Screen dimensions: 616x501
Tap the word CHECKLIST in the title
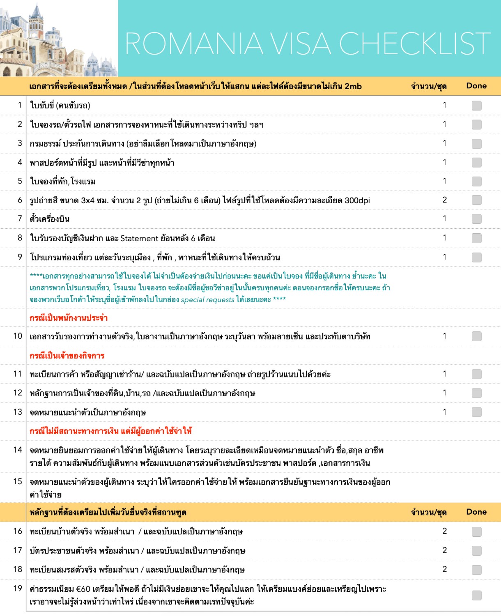pyautogui.click(x=415, y=44)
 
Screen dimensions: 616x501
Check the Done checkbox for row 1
pyautogui.click(x=476, y=106)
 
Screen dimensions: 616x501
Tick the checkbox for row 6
pyautogui.click(x=476, y=200)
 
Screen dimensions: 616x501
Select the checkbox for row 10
pyautogui.click(x=476, y=336)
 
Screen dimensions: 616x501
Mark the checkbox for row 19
pyautogui.click(x=476, y=595)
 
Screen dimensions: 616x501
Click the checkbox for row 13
pyautogui.click(x=476, y=412)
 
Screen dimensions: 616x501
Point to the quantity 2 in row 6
pyautogui.click(x=444, y=200)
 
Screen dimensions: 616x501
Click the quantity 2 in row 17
pyautogui.click(x=444, y=550)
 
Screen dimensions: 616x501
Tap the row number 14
pyautogui.click(x=18, y=450)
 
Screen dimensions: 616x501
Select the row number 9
pyautogui.click(x=20, y=257)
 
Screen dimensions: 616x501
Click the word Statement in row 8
pyautogui.click(x=139, y=238)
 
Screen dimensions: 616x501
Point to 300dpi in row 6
pyautogui.click(x=357, y=200)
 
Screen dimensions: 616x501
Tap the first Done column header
pyautogui.click(x=476, y=86)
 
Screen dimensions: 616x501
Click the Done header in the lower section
pyautogui.click(x=476, y=512)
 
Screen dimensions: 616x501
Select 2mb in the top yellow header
pyautogui.click(x=353, y=86)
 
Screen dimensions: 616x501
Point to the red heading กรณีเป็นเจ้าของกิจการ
pyautogui.click(x=67, y=356)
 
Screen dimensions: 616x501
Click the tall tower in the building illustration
pyautogui.click(x=36, y=21)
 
